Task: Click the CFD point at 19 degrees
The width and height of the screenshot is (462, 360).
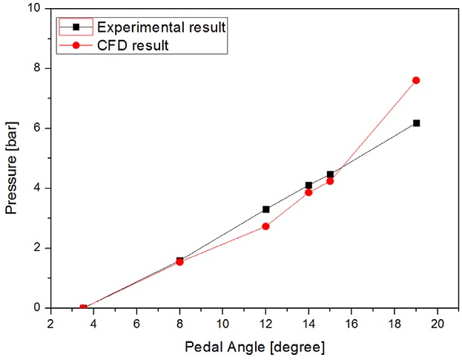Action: pyautogui.click(x=416, y=80)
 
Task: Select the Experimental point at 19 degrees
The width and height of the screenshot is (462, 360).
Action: pyautogui.click(x=416, y=123)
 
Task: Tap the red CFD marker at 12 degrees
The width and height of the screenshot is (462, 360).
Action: pyautogui.click(x=265, y=226)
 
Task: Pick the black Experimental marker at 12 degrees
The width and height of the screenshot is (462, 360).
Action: pyautogui.click(x=265, y=209)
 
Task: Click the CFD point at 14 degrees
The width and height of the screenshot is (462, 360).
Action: pyautogui.click(x=308, y=192)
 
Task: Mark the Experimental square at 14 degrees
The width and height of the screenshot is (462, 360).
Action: pyautogui.click(x=308, y=186)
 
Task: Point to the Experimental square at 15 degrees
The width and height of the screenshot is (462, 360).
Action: pyautogui.click(x=330, y=174)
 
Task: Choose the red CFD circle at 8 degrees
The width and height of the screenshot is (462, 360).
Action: pyautogui.click(x=179, y=262)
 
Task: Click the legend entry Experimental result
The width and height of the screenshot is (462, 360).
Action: pyautogui.click(x=159, y=27)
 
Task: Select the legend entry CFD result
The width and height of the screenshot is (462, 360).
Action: pyautogui.click(x=133, y=45)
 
